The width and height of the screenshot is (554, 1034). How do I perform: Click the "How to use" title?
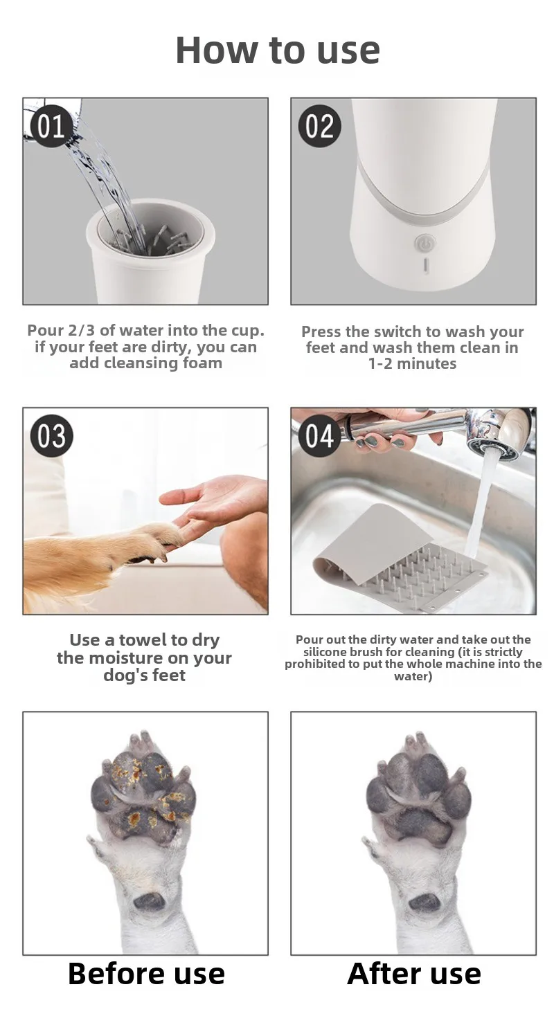[278, 50]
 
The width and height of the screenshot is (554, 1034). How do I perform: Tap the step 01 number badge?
[51, 127]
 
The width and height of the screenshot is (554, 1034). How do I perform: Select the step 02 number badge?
[320, 127]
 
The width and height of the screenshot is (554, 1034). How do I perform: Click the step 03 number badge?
[51, 436]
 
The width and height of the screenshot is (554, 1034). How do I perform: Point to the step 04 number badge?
[320, 436]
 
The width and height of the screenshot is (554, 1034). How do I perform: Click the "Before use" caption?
[146, 974]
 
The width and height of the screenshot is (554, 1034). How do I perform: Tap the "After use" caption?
[414, 974]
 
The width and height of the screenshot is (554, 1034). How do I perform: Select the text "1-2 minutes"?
[412, 364]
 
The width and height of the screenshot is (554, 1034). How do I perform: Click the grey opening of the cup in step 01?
[151, 230]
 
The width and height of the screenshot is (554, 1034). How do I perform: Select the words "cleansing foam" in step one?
[146, 363]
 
